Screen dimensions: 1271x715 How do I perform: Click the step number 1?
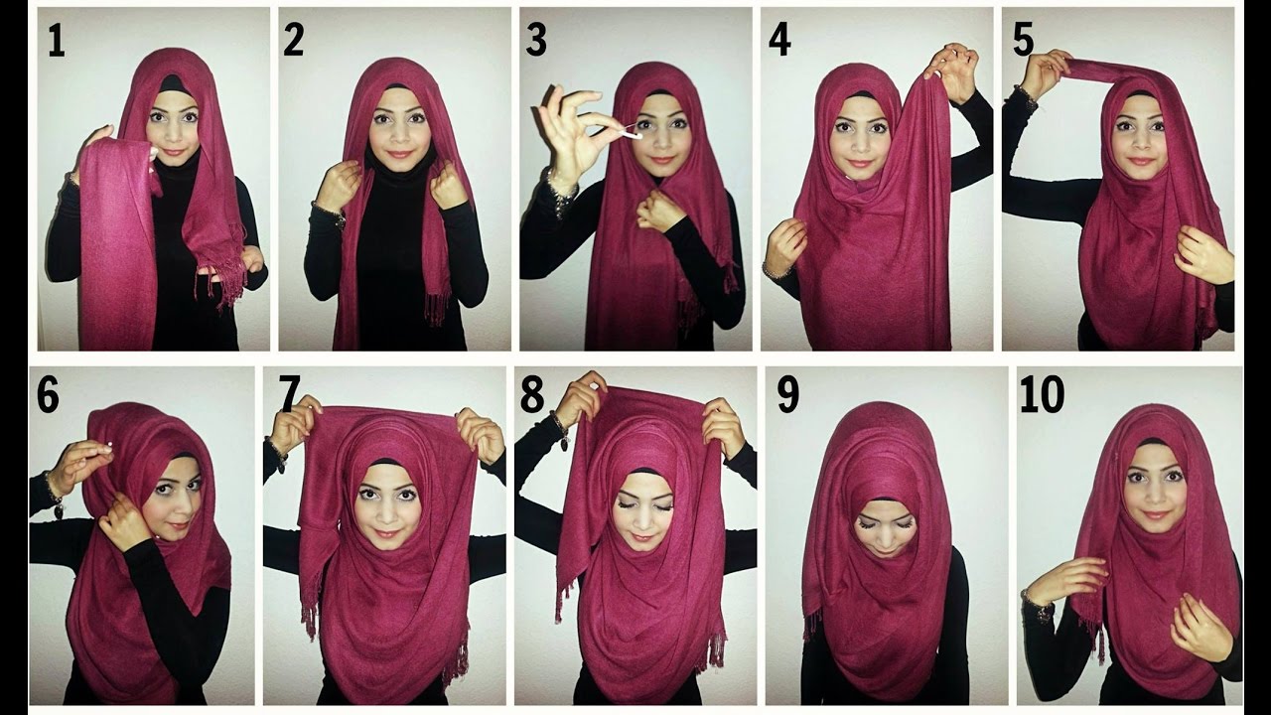coord(57,41)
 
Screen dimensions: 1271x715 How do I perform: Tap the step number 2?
coord(293,41)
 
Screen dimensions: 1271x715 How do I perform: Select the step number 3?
coord(535,41)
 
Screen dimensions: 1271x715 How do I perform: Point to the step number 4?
coord(779,41)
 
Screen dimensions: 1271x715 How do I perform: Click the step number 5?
coord(1023,41)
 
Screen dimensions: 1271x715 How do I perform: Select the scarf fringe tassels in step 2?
coord(438,308)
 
